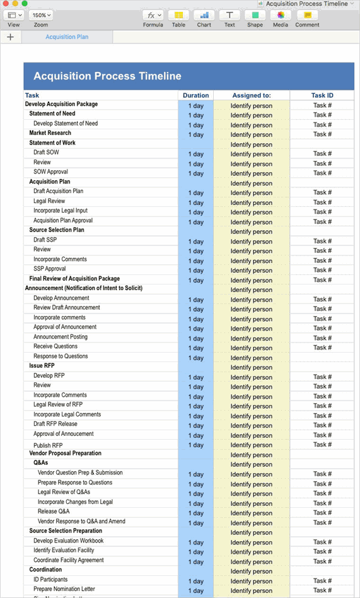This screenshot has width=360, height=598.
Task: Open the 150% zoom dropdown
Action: point(41,15)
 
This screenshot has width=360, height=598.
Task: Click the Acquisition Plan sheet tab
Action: point(67,37)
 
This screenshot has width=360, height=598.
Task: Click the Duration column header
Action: point(195,96)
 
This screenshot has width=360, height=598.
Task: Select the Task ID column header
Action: point(322,96)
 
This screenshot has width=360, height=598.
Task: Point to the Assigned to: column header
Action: point(252,96)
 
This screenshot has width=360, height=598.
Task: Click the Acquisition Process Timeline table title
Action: point(107,76)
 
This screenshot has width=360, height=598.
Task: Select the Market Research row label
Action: point(50,133)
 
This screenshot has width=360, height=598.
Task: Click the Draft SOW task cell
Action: point(46,153)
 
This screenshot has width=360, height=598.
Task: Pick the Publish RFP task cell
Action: point(48,445)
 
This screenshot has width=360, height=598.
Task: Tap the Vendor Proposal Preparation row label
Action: point(65,454)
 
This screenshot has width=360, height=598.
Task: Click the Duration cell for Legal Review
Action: point(195,202)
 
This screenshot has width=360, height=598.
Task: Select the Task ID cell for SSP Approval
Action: point(322,270)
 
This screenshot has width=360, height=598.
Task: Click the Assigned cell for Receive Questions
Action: point(252,348)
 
